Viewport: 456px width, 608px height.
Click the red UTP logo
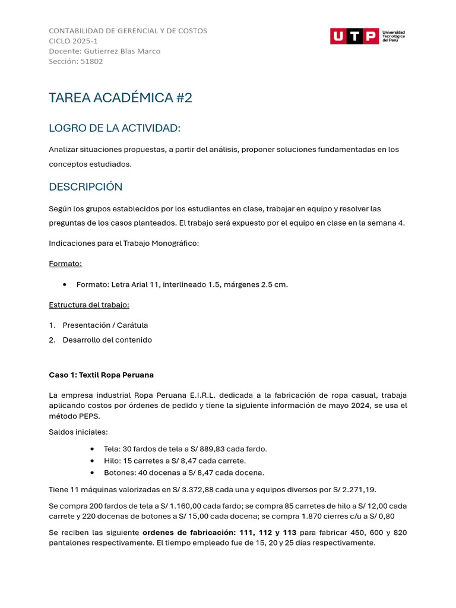[x=354, y=36]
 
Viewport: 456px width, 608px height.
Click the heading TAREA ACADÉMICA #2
[x=121, y=98]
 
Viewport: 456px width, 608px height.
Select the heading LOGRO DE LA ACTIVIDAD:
[x=114, y=128]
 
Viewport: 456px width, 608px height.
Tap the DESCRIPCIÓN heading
[x=85, y=187]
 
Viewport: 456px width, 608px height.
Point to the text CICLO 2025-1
[x=73, y=41]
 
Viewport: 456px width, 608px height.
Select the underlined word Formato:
[x=65, y=264]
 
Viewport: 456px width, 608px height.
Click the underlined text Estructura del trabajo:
[x=89, y=305]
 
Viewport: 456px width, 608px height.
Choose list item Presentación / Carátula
[x=105, y=325]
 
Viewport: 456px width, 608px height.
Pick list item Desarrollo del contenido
[x=107, y=340]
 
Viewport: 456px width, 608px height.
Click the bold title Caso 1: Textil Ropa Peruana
[x=101, y=375]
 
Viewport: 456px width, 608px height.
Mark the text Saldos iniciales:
[x=78, y=432]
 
